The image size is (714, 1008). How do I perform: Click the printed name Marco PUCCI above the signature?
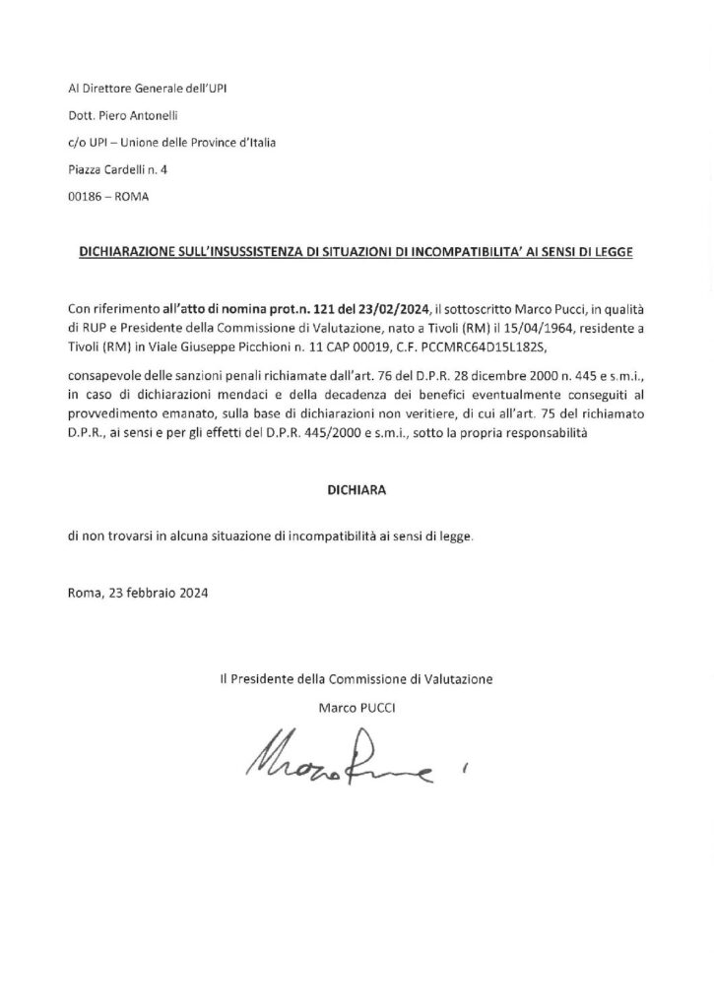pos(357,706)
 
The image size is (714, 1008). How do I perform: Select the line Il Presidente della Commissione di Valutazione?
pos(357,678)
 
